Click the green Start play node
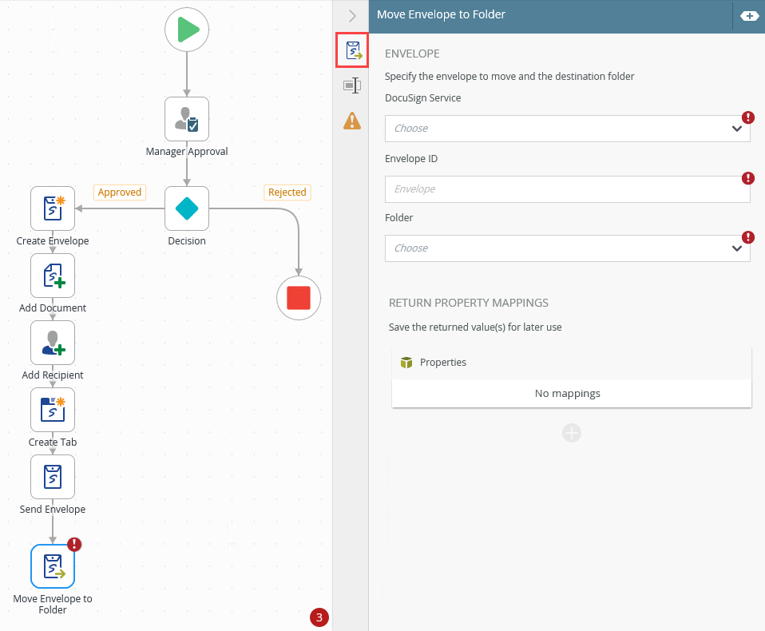[187, 30]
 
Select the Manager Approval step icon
[187, 119]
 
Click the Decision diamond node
[187, 208]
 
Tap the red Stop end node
[299, 298]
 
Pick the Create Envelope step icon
[53, 208]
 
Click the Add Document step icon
[53, 276]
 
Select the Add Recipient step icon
[53, 343]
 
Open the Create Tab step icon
[53, 410]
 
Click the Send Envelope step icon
[53, 477]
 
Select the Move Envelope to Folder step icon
[53, 566]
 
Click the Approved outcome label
[120, 192]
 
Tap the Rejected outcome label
[287, 192]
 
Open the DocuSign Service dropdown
[568, 129]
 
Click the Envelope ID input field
[568, 189]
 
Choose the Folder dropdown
[568, 248]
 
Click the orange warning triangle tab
[352, 121]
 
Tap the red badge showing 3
[319, 617]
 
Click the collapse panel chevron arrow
[352, 16]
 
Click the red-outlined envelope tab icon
[352, 50]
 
